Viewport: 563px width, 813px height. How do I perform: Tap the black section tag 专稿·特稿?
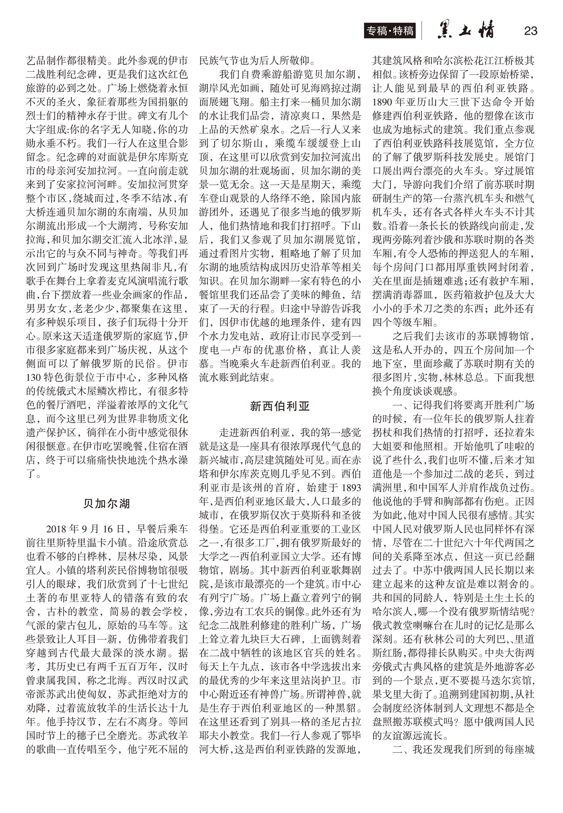(390, 31)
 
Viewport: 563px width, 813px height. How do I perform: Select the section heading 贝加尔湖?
(107, 503)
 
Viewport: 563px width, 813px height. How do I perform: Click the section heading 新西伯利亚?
(280, 406)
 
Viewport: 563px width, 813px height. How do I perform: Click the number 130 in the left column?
(33, 378)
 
